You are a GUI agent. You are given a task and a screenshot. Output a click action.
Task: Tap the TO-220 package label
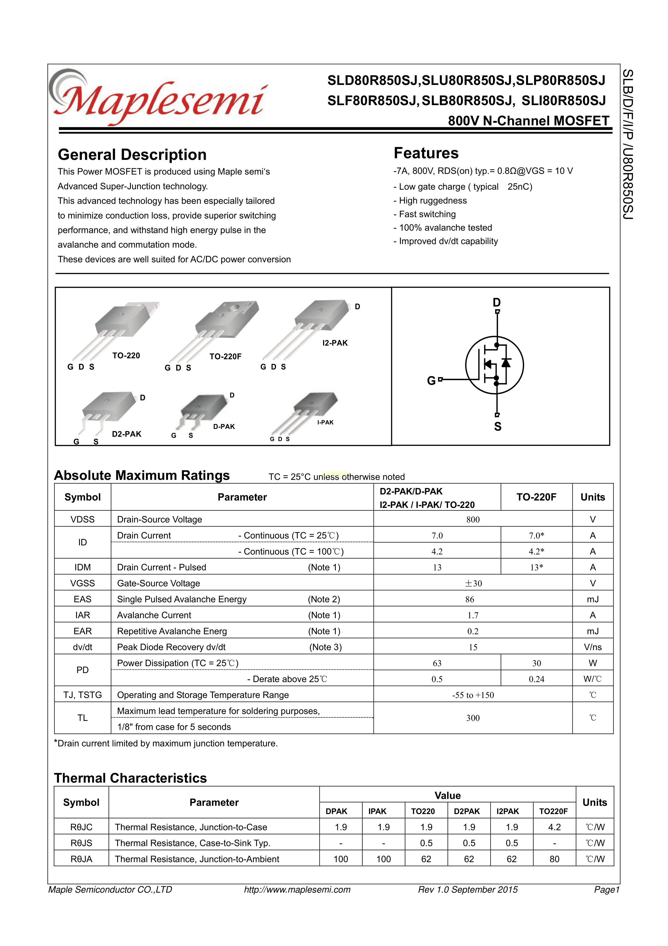click(x=126, y=356)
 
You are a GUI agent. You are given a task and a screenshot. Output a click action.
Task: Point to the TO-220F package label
click(x=225, y=356)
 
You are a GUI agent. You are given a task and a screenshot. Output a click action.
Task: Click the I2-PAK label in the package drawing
click(x=335, y=343)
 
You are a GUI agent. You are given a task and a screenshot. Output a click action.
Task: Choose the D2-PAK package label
click(x=126, y=434)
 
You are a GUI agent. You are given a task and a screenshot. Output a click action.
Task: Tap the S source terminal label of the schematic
click(x=498, y=427)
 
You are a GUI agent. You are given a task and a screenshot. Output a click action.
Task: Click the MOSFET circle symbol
click(x=494, y=365)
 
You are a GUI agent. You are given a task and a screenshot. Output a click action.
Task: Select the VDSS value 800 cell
click(x=473, y=520)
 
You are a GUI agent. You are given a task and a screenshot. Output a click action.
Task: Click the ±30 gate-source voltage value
click(x=473, y=583)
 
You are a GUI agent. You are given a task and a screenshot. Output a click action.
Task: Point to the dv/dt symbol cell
click(x=82, y=647)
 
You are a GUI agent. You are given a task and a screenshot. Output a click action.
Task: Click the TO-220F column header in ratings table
click(x=536, y=497)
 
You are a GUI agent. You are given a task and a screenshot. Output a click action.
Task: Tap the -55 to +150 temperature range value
click(x=473, y=695)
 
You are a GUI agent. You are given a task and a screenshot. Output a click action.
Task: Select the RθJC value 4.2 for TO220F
click(x=554, y=827)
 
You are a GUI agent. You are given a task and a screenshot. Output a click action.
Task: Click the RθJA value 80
click(x=554, y=859)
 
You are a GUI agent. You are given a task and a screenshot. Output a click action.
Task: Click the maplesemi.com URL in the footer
click(x=297, y=890)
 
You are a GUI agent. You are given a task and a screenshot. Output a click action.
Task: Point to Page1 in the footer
click(x=606, y=890)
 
